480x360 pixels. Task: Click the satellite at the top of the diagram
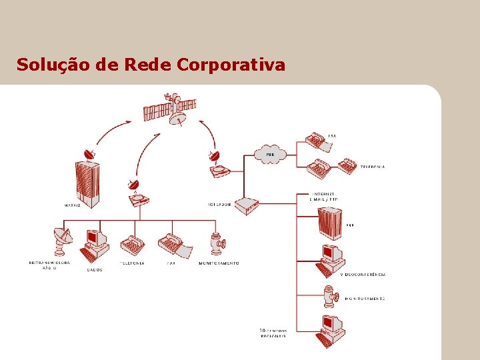[171, 109]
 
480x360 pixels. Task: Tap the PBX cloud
[269, 155]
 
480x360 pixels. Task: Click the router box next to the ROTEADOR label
[248, 205]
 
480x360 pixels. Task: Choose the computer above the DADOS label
[94, 245]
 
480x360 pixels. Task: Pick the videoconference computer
[330, 259]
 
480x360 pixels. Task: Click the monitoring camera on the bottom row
[216, 243]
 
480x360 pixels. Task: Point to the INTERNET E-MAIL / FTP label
[323, 197]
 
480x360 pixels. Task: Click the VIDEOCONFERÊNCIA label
[363, 275]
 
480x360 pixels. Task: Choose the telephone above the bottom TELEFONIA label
[132, 245]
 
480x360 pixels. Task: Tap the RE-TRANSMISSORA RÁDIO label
[49, 265]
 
